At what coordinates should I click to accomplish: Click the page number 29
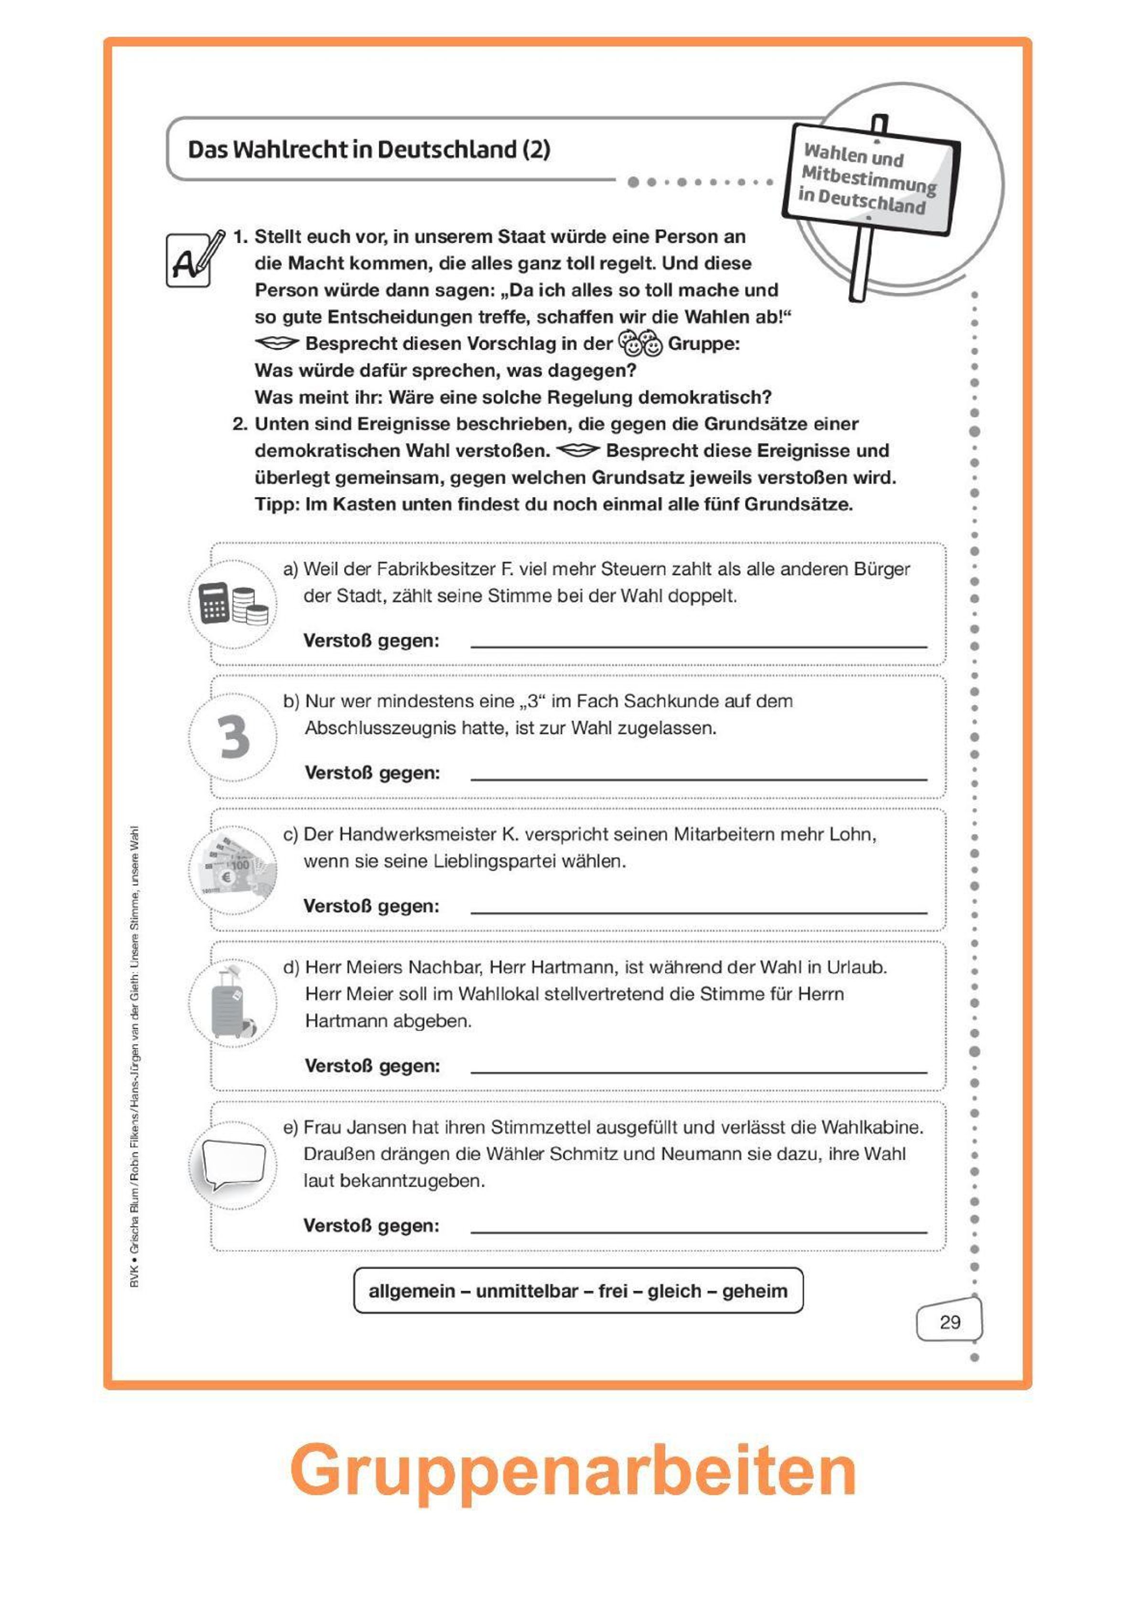coord(950,1322)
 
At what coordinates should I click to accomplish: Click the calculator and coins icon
coord(233,604)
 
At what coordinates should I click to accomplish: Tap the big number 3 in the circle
coord(233,737)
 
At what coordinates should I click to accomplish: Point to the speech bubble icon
coord(233,1165)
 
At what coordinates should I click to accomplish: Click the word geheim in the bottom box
coord(754,1291)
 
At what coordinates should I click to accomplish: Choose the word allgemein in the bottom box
coord(411,1291)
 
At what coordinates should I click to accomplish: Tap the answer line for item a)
coord(698,645)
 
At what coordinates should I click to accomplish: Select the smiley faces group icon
coord(640,344)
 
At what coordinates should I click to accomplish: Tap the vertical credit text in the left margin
coord(135,1056)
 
